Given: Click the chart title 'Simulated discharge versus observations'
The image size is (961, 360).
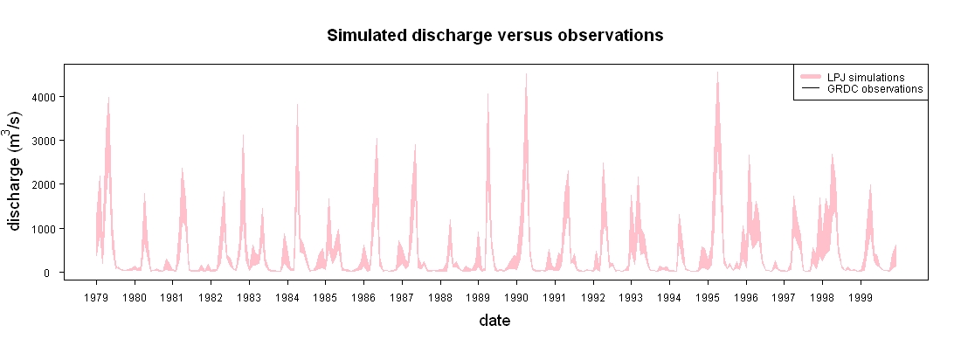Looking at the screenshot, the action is point(494,36).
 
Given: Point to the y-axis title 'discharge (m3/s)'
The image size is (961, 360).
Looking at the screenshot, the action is point(15,171).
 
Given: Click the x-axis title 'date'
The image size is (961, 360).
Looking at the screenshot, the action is point(494,320).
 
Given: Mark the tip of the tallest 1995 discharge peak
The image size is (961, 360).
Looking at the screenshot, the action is point(717,72).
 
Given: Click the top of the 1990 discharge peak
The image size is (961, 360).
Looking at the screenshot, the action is point(526,73).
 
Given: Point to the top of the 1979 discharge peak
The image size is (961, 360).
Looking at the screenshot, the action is point(108,97).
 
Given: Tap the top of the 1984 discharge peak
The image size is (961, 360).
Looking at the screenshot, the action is point(297,104).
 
